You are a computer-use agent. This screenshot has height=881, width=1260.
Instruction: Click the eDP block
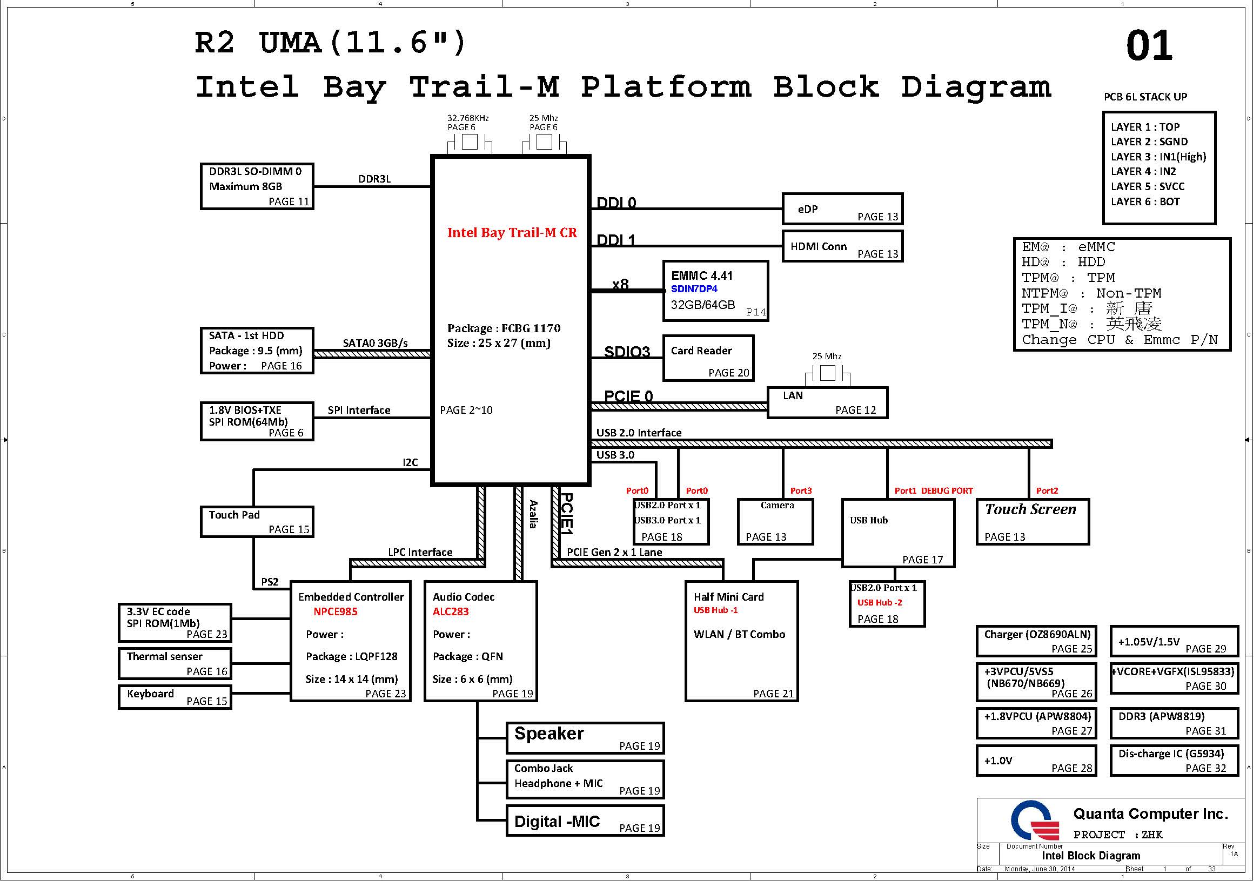[x=842, y=209]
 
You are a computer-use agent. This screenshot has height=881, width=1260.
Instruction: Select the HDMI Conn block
[x=842, y=246]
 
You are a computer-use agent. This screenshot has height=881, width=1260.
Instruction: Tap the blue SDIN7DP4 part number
[x=694, y=289]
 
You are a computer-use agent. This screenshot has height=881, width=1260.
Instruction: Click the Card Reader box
[x=708, y=358]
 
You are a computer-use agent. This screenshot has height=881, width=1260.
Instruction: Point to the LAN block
[x=827, y=402]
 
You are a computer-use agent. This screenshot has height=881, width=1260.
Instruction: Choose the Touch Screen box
[x=1032, y=522]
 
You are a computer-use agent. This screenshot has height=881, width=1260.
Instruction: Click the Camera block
[x=775, y=522]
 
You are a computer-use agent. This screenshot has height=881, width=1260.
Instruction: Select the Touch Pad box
[x=257, y=522]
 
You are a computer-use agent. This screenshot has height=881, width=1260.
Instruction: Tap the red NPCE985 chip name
[x=335, y=611]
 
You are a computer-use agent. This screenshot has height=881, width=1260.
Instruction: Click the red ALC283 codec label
[x=450, y=611]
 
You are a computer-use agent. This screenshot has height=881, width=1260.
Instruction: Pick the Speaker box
[x=585, y=738]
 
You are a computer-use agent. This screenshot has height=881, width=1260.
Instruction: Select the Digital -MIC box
[x=585, y=821]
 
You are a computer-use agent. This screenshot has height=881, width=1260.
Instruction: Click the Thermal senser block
[x=175, y=664]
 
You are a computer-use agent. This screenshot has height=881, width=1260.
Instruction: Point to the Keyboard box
[x=175, y=697]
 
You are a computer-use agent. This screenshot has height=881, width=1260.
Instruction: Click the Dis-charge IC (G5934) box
[x=1174, y=761]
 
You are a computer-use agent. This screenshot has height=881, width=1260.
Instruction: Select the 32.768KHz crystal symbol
[x=469, y=142]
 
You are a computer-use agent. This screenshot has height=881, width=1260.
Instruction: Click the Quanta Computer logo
[x=1035, y=821]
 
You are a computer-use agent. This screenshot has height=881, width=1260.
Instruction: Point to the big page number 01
[x=1149, y=46]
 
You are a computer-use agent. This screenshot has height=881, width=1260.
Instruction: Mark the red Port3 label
[x=801, y=491]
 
